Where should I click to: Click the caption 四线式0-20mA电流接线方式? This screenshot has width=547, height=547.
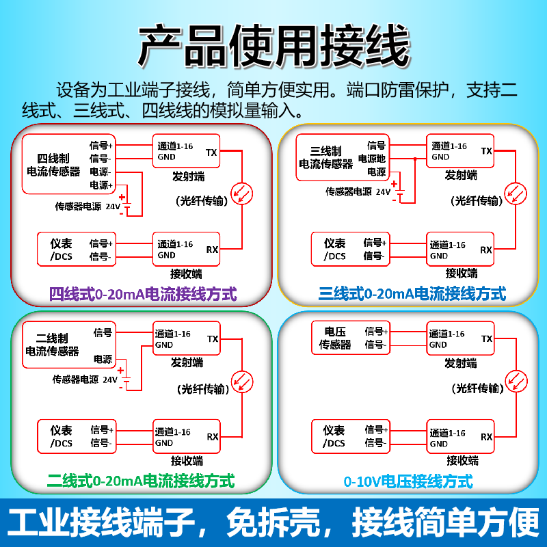pos(143,295)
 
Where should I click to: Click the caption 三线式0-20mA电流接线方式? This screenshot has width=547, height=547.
pos(412,295)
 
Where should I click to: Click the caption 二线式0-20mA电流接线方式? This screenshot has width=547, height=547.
pos(141,481)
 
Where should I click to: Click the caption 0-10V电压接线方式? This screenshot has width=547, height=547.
pos(408,481)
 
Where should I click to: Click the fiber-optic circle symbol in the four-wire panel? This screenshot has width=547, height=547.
pos(241,194)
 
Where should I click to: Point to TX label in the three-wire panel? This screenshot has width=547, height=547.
pos(486,151)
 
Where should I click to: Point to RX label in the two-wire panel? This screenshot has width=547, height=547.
pos(213,436)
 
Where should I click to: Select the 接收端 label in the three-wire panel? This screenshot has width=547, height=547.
pos(462,273)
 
